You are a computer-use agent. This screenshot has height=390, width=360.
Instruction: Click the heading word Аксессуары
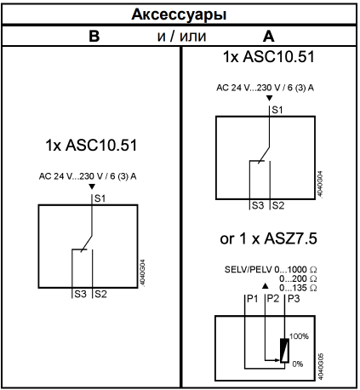tap(180, 14)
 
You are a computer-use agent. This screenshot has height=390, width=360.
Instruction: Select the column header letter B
tap(94, 36)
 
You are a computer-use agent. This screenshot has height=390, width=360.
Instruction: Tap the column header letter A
tap(269, 36)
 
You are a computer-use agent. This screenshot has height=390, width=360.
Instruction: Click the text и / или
tap(181, 36)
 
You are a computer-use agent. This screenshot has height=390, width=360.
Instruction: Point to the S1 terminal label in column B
tap(100, 198)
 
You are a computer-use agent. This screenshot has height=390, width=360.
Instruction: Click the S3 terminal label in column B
tap(80, 294)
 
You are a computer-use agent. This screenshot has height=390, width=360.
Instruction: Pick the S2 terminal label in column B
tap(100, 294)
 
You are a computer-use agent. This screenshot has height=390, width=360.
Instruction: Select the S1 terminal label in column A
tap(277, 110)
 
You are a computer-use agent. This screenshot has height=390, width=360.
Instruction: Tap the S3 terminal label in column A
tap(258, 205)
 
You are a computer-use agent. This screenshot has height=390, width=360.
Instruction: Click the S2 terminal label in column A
tap(278, 205)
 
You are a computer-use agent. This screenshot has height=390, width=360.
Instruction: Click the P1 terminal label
tap(253, 299)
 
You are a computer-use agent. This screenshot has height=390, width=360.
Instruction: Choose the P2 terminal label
tap(273, 299)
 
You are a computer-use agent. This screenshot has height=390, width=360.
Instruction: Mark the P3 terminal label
tap(294, 299)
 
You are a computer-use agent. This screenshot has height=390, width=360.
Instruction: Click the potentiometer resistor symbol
tap(284, 351)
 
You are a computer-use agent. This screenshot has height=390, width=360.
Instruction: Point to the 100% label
tap(299, 336)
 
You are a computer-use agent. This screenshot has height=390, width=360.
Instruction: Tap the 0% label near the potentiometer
tap(298, 364)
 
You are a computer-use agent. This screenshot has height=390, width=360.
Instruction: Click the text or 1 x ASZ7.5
tap(268, 238)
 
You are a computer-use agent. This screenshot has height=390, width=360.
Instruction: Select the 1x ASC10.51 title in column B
tap(91, 145)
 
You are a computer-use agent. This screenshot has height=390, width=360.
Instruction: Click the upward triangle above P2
tap(265, 286)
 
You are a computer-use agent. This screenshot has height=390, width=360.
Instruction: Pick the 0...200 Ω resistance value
tap(298, 278)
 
